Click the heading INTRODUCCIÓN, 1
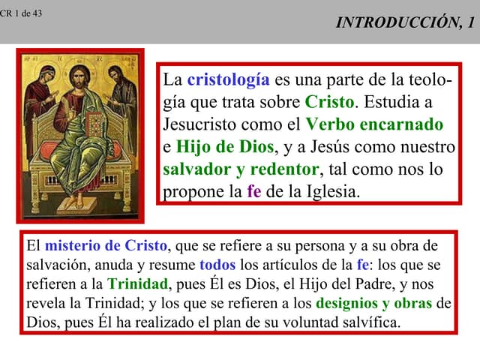tap(405, 22)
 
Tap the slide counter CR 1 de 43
tap(21, 13)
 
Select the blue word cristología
tap(228, 79)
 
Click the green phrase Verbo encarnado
tap(374, 124)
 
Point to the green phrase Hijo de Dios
tap(225, 146)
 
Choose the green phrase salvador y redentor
tap(241, 169)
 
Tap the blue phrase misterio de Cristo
tap(106, 246)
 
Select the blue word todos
tap(217, 265)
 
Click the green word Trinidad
tap(138, 284)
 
